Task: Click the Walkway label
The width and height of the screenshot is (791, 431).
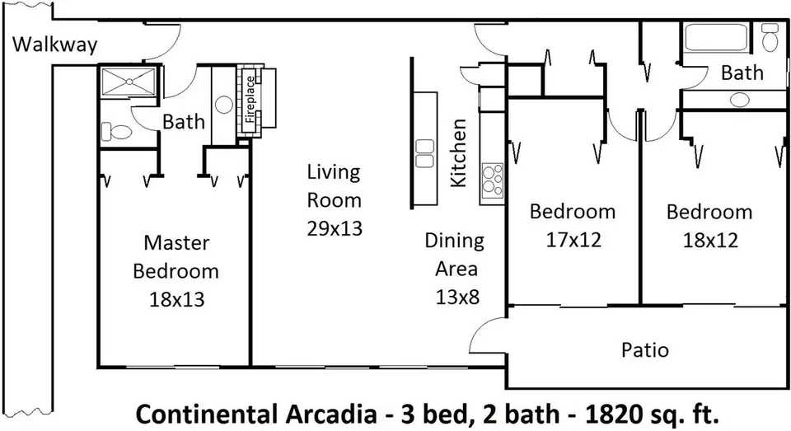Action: [54, 45]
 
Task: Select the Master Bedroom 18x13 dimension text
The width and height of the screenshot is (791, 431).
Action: [176, 299]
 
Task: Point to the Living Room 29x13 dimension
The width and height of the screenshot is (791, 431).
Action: [335, 228]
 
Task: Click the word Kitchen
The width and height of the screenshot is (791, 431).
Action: [458, 153]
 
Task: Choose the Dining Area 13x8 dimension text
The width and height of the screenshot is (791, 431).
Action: [457, 297]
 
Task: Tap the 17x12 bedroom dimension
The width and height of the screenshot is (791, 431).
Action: [573, 240]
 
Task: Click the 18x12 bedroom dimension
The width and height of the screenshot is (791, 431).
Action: [710, 240]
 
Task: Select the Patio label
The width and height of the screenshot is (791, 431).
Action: [644, 349]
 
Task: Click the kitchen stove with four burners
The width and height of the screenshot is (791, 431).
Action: [493, 179]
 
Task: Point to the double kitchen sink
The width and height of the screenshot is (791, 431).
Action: [425, 153]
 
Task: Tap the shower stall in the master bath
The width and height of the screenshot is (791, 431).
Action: [129, 81]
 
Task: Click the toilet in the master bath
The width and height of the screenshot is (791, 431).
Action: [116, 132]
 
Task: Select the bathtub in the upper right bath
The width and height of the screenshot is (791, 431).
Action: [716, 37]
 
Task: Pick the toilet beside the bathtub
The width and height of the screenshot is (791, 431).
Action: [770, 37]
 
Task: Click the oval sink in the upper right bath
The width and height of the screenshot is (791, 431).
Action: [740, 100]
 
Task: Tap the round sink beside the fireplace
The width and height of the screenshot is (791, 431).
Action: [223, 105]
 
